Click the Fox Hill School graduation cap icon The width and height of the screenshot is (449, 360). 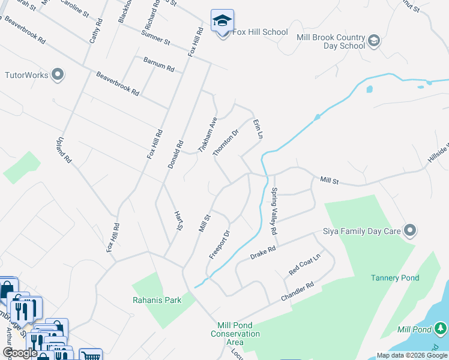coord(222,21)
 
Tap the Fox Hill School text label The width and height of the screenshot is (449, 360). coord(260,32)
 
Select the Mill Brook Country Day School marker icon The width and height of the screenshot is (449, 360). coord(373,41)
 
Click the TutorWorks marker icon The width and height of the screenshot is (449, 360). coord(58,75)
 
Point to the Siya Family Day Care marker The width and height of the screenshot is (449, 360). coord(410,230)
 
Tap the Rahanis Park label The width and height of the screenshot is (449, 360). coord(156,300)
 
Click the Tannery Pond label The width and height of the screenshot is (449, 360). coord(394,278)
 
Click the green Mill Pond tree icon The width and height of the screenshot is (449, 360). coord(441,328)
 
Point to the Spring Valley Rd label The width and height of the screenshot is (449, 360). coord(274,211)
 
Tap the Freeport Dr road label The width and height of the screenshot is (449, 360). coord(219,245)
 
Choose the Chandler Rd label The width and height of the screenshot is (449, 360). coord(298,292)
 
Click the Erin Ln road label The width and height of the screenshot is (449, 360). coord(258,129)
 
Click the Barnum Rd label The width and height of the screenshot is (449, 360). coord(158,64)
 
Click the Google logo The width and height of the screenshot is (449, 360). coord(20,353)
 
